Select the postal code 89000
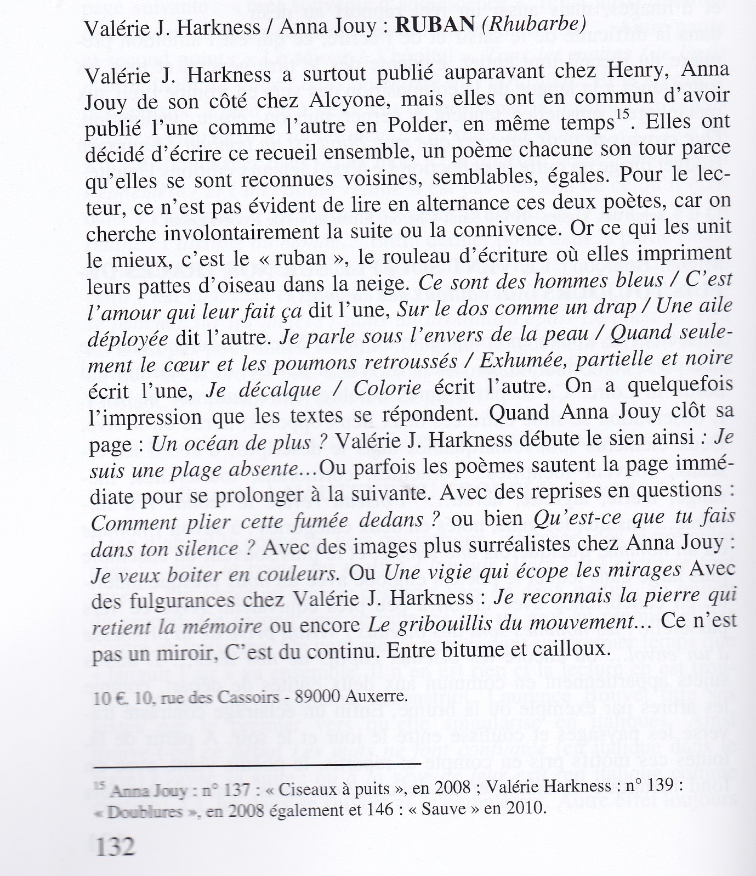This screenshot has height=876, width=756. pos(320,697)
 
